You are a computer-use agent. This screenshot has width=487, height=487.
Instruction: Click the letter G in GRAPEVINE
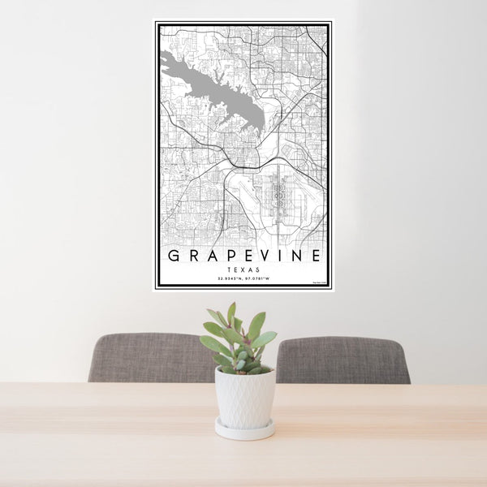[174, 256]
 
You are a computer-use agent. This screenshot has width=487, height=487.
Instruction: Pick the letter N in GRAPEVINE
[297, 256]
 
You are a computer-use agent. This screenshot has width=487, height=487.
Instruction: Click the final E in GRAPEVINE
[316, 256]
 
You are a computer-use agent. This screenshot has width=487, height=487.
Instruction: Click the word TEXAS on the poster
[243, 269]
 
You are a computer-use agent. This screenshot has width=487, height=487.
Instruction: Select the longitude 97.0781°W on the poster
[258, 280]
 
